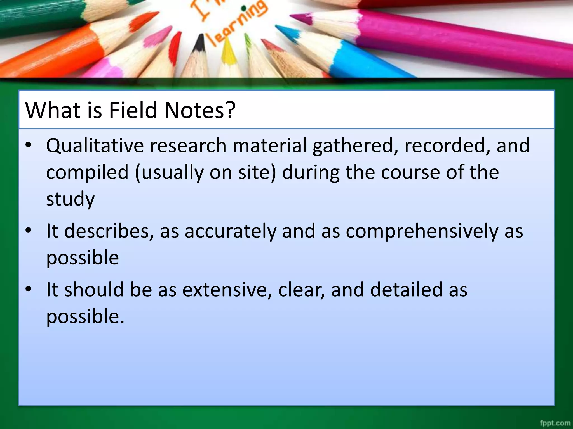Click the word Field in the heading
coord(133,110)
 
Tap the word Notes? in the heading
coord(200,110)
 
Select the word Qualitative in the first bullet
coord(94,146)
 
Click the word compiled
coord(87,173)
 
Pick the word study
coord(71,199)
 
